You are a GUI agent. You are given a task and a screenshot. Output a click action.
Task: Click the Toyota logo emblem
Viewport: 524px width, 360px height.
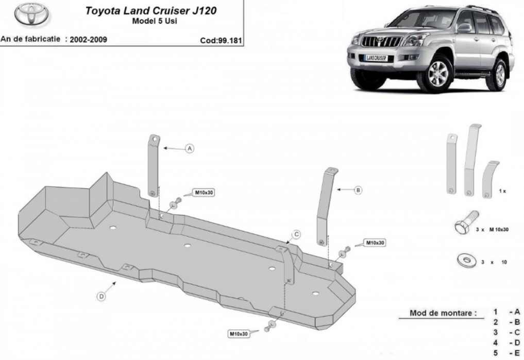(31, 14)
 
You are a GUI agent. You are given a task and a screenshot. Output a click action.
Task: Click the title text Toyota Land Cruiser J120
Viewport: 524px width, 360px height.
(151, 10)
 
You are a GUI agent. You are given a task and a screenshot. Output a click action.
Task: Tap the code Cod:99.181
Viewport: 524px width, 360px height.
(221, 40)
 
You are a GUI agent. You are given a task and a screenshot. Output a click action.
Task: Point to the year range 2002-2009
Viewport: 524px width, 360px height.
(88, 40)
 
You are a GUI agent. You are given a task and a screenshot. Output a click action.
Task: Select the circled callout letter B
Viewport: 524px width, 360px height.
(358, 190)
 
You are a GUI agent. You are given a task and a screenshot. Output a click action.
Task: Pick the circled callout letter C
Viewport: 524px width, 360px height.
(296, 235)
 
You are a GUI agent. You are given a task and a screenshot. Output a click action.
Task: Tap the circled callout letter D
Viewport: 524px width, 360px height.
(102, 296)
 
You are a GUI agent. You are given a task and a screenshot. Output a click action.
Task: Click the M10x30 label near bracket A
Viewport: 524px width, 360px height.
(204, 193)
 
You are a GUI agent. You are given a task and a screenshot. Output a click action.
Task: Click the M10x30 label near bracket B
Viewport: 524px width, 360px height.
(375, 243)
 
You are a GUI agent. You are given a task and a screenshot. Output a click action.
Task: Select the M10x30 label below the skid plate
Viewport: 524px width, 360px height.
(239, 334)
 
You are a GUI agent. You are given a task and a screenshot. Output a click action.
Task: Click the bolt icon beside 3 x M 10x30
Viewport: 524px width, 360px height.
(466, 222)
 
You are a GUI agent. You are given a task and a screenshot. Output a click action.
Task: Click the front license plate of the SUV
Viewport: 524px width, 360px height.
(376, 58)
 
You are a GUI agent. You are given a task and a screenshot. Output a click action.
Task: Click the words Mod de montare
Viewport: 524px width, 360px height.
(443, 313)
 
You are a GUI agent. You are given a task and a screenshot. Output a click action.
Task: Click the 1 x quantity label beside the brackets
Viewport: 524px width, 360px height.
(502, 191)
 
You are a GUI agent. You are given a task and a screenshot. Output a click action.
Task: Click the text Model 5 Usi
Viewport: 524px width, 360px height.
(155, 21)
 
